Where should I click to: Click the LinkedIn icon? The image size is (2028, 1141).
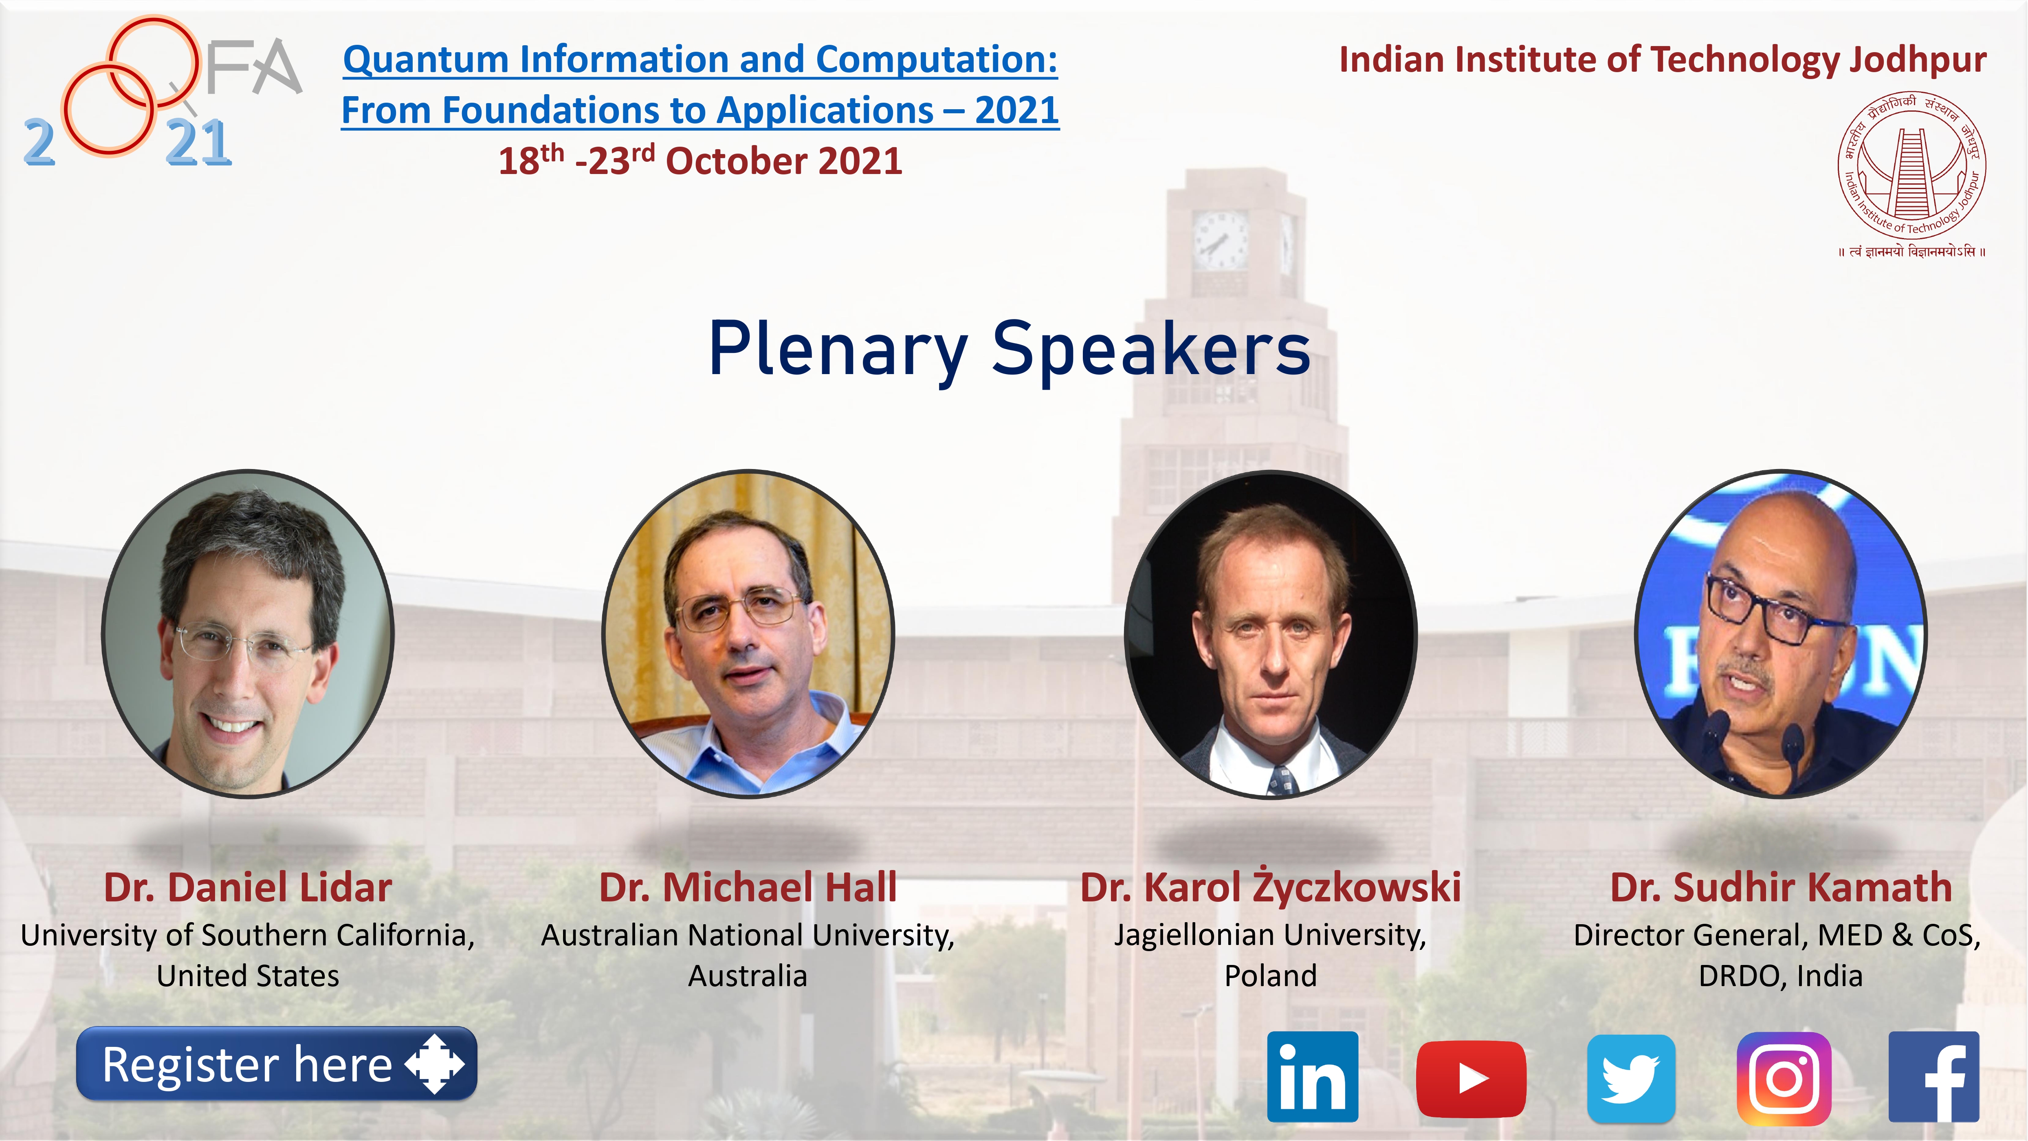(x=1312, y=1077)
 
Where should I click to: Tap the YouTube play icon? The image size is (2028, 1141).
(x=1471, y=1078)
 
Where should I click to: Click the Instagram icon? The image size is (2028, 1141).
(x=1784, y=1078)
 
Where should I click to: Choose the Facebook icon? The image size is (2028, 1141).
(x=1933, y=1077)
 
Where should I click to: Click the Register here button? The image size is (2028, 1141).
(x=276, y=1064)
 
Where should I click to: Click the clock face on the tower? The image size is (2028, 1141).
(x=1220, y=240)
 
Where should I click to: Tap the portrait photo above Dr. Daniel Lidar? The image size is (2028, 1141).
(x=248, y=634)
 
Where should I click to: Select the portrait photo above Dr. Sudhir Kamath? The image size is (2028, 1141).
(x=1781, y=634)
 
